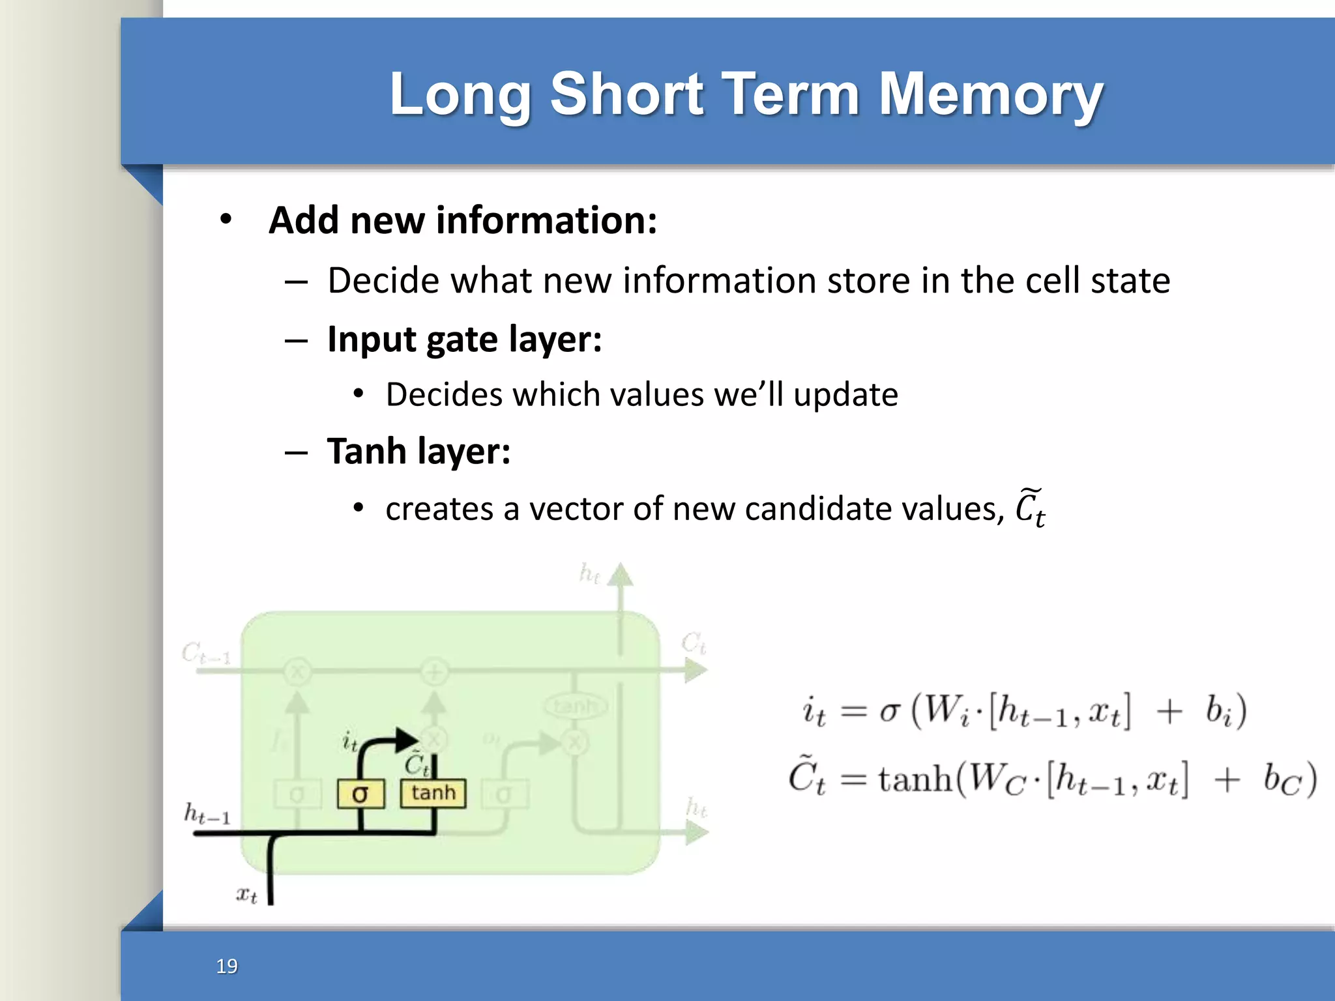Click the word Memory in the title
click(x=990, y=94)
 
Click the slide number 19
click(x=227, y=966)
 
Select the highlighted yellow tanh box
click(x=433, y=793)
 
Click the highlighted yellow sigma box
click(x=360, y=794)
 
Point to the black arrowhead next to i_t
click(x=407, y=739)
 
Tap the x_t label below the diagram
click(x=246, y=895)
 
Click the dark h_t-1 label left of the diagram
click(x=207, y=815)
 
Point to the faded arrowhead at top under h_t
click(x=621, y=575)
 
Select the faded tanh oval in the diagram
click(x=575, y=706)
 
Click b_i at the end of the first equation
click(x=1218, y=710)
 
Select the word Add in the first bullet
click(x=304, y=220)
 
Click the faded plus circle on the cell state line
click(x=434, y=671)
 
